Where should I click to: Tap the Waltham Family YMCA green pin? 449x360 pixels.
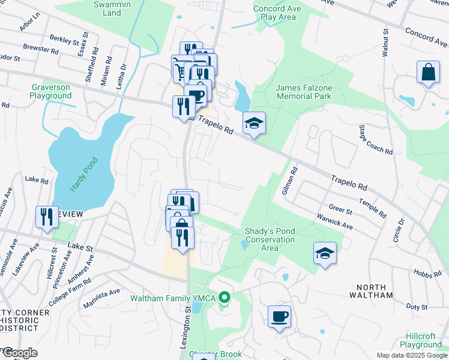coord(224,297)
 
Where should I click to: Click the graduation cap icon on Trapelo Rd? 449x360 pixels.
coord(254,123)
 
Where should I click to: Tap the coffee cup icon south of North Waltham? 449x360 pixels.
coord(279,316)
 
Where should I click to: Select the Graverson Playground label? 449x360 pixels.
coord(51,91)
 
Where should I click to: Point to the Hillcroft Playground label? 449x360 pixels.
coord(422,341)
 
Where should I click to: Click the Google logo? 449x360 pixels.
coord(19,353)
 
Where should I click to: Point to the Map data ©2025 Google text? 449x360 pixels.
coord(412,355)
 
